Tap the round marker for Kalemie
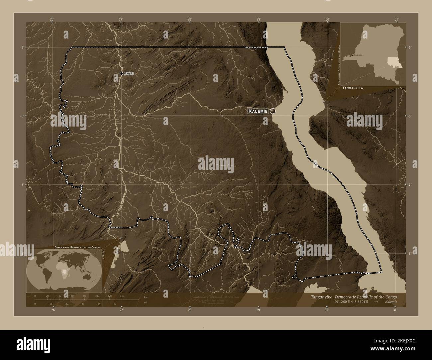[273, 111]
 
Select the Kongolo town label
[129, 73]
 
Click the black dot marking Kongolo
[121, 73]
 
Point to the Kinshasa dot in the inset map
[352, 55]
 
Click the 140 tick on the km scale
[122, 296]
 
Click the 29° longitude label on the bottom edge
[258, 310]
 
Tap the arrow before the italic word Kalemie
[376, 302]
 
